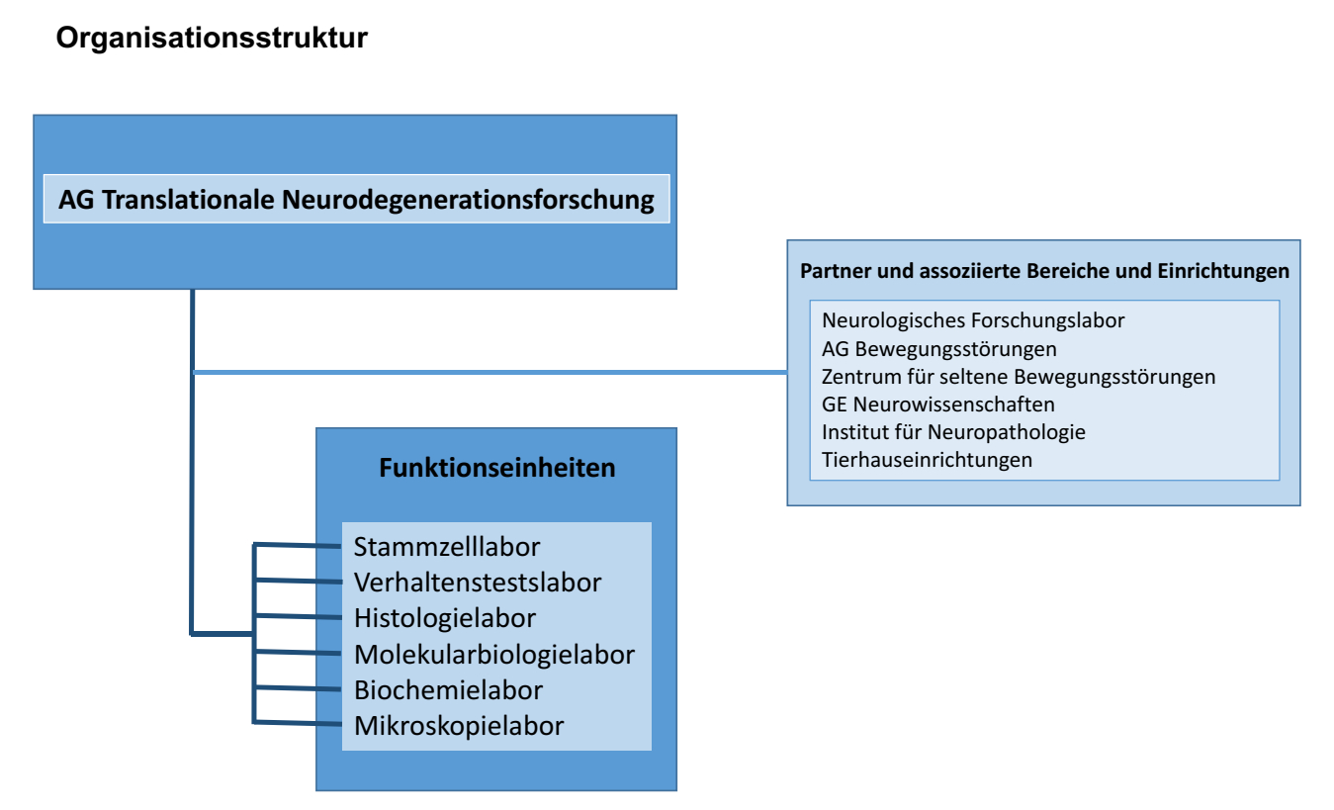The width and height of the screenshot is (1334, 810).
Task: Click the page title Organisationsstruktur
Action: pos(212,39)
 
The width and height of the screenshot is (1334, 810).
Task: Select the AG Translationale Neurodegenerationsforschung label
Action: pos(356,200)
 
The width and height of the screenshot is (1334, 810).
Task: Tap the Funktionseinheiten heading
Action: pos(496,468)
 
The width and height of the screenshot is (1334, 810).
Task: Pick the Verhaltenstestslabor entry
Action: pos(478,583)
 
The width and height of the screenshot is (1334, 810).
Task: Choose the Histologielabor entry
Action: pos(445,618)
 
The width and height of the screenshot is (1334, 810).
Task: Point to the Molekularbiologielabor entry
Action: pos(494,654)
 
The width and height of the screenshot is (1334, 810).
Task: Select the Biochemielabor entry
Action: pos(448,689)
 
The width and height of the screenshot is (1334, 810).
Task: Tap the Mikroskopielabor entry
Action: pos(459,726)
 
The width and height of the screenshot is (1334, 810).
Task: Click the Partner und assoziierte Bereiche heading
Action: pos(1044,271)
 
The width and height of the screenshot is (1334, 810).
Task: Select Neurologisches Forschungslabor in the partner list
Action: pos(973,320)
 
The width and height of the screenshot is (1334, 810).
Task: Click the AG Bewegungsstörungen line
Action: pos(938,348)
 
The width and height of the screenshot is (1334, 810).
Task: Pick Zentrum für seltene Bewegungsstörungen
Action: pos(1019,377)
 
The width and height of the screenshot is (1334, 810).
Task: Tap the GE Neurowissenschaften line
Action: pos(937,405)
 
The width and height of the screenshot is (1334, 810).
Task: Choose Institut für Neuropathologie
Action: pos(953,432)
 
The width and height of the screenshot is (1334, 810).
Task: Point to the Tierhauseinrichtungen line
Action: pos(927,460)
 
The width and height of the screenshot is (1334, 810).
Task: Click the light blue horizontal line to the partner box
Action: pos(494,372)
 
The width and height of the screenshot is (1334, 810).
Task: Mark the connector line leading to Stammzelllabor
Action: pos(297,544)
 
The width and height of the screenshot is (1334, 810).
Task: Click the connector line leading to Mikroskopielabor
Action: pos(297,723)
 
